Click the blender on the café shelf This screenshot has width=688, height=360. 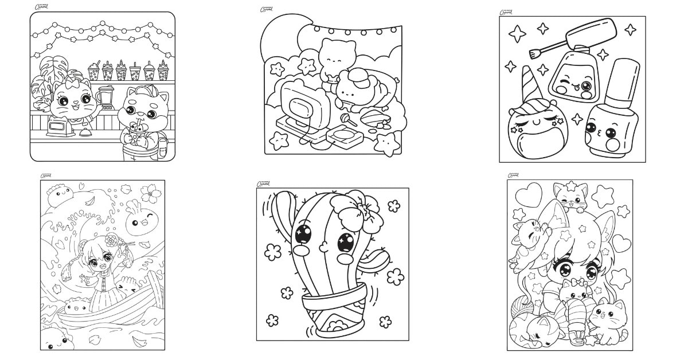click(105, 96)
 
